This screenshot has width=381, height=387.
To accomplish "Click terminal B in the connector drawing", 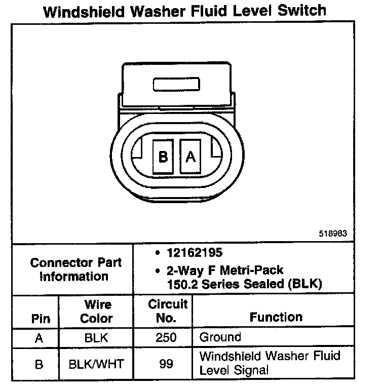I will tap(163, 157).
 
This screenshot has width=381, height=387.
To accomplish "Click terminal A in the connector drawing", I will tap(190, 157).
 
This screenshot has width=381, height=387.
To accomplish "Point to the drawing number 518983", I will tap(333, 234).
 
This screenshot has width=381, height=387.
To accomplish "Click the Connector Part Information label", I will tap(75, 269).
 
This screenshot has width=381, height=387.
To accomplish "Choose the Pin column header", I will tap(41, 319).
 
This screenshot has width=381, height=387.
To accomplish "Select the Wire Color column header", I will tap(97, 312).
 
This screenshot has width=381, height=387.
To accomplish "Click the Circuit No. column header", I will tap(167, 311).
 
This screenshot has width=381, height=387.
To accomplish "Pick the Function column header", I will tap(276, 317).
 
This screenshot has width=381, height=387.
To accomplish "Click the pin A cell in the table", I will tap(40, 337).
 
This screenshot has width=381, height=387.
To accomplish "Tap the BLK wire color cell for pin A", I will tap(96, 337).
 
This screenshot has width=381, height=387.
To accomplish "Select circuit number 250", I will tap(166, 337).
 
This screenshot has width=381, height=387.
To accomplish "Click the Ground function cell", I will tap(220, 337).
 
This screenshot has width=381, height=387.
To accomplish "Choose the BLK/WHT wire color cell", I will tap(96, 364).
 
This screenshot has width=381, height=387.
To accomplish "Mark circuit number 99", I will tap(166, 364).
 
